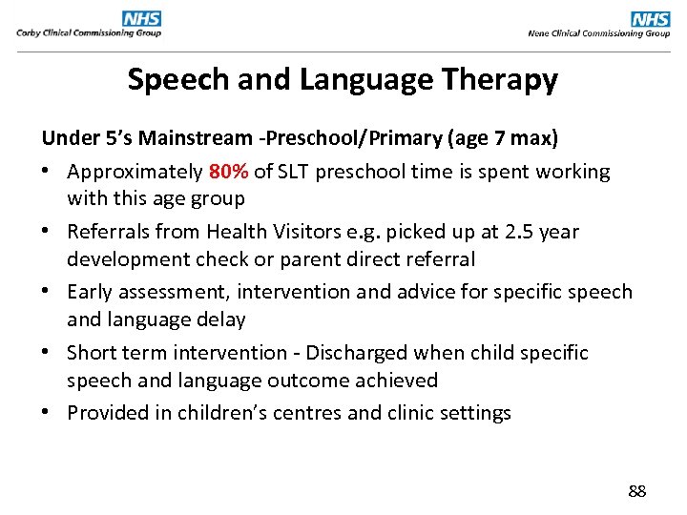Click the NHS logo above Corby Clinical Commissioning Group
141,18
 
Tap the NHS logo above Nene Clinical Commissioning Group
651,18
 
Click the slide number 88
636,491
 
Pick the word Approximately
135,173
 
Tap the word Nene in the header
538,32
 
